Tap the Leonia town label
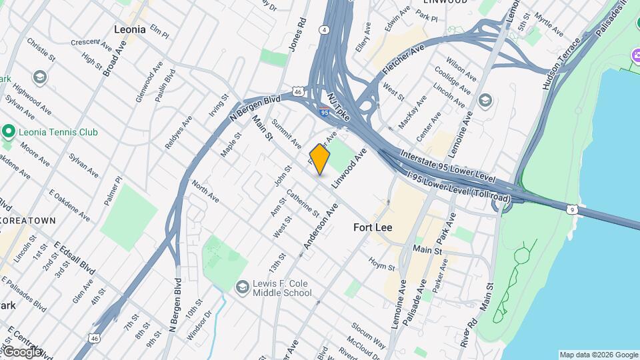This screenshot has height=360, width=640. click(130, 29)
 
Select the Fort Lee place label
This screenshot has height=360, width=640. click(373, 227)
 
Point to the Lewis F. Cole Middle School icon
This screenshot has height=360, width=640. click(243, 287)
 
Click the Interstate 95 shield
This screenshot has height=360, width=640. click(325, 113)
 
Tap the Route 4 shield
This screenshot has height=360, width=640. click(324, 29)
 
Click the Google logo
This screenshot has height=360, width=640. click(21, 352)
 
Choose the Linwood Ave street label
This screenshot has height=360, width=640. click(351, 167)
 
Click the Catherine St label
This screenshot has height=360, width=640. click(303, 203)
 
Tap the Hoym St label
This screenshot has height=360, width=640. click(382, 265)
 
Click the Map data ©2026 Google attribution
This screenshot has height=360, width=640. click(598, 355)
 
